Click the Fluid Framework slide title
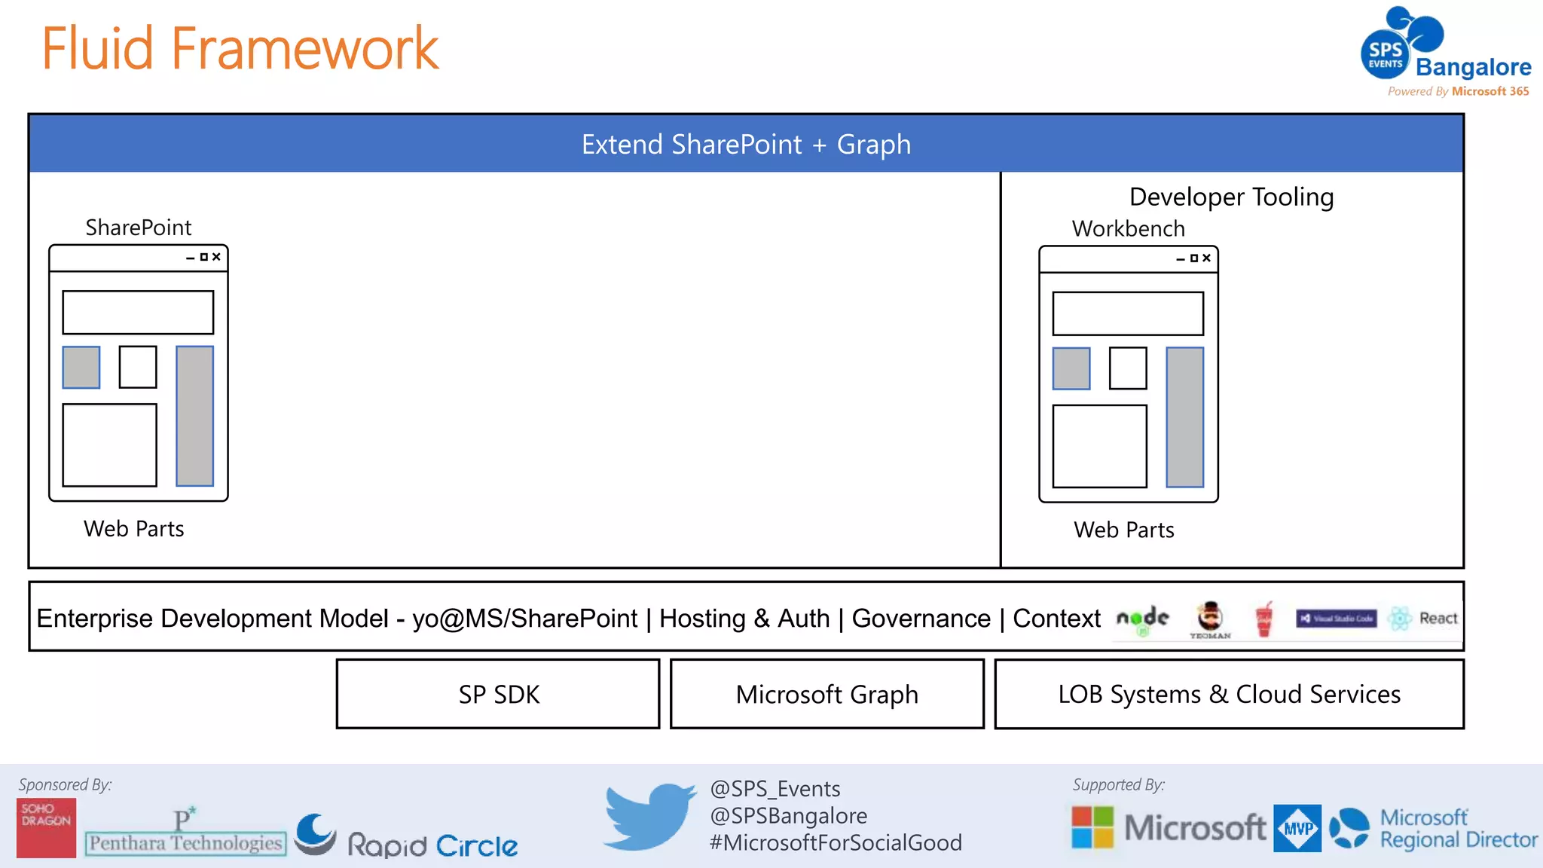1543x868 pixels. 240,49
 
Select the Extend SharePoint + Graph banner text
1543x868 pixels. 746,144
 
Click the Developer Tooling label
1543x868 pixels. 1231,197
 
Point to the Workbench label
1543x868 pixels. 1128,228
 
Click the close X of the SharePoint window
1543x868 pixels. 216,257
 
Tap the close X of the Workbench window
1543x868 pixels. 1206,258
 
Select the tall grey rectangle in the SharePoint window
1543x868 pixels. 194,416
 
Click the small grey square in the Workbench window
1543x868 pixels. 1071,368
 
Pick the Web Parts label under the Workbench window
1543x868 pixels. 1123,530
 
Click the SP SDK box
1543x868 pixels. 498,694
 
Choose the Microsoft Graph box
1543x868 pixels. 826,694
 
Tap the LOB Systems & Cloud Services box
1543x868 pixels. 1229,694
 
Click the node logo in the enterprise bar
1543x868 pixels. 1142,619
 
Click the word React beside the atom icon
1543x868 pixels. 1438,619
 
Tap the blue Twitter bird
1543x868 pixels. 649,816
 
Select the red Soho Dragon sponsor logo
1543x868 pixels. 46,827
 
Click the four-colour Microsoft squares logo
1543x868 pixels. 1092,827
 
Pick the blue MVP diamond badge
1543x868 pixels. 1297,828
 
